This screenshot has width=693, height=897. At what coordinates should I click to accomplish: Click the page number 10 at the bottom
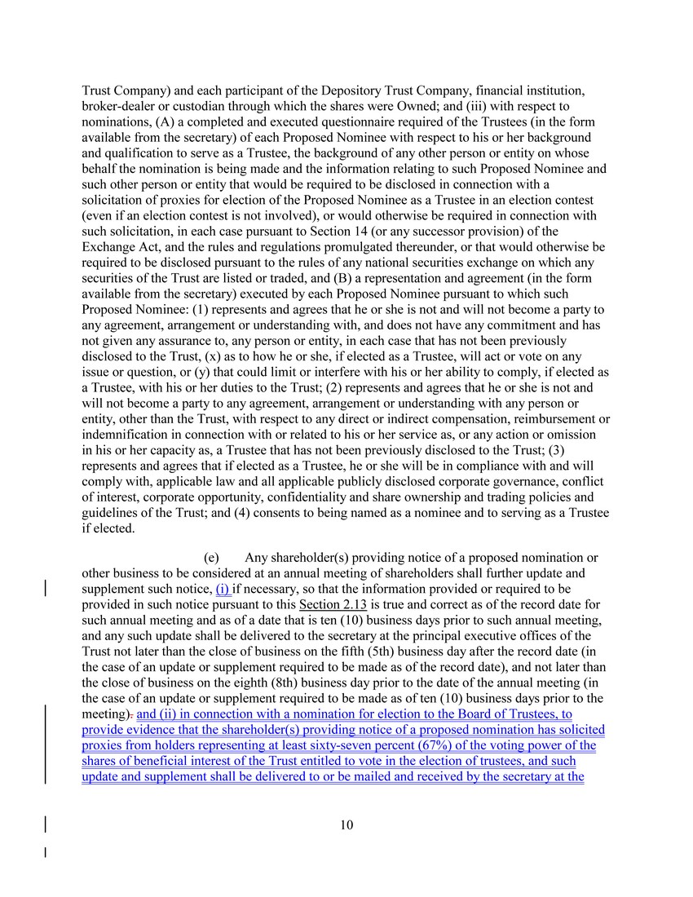click(x=346, y=824)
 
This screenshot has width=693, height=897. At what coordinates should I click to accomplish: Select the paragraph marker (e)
click(x=211, y=558)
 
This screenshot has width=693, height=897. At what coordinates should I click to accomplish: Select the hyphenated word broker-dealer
click(x=120, y=106)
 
